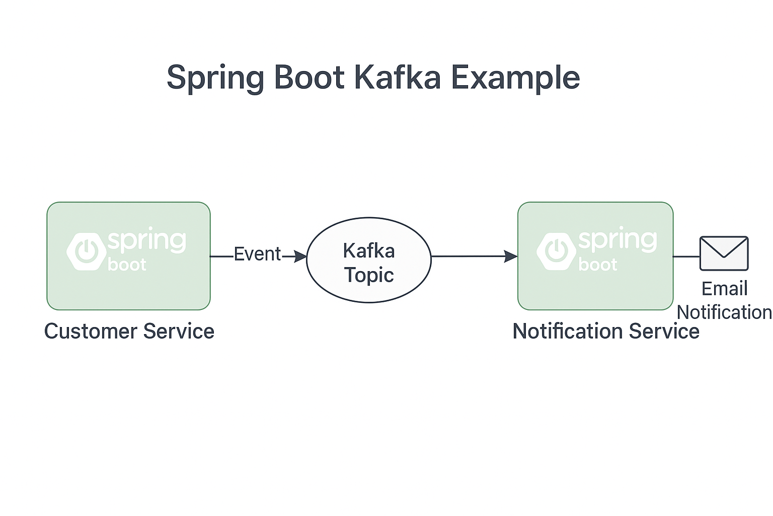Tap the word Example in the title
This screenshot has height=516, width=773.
(515, 79)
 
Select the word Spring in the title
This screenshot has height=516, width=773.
(215, 79)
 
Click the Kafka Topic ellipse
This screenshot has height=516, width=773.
(369, 260)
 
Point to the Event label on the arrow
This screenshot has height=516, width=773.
(257, 254)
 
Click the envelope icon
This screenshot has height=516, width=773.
(724, 253)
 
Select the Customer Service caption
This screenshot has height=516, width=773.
(129, 332)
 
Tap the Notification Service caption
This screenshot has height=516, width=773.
(605, 331)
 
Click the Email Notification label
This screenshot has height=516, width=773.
(724, 300)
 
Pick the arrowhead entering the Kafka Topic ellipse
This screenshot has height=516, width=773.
(300, 256)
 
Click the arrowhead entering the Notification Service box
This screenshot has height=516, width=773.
(511, 256)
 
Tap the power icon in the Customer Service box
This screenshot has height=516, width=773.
(87, 251)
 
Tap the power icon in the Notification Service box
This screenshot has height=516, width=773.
(557, 251)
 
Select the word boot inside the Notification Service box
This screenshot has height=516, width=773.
(597, 265)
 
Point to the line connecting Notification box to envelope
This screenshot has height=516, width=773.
(686, 257)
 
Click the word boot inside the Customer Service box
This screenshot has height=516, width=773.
(127, 265)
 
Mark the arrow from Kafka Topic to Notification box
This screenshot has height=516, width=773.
(475, 256)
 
